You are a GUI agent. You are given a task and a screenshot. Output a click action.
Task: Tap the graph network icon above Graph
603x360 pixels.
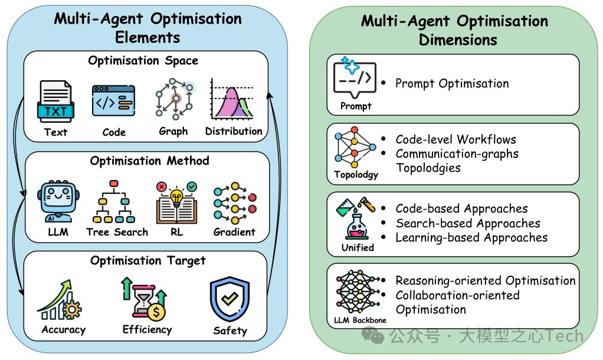174,100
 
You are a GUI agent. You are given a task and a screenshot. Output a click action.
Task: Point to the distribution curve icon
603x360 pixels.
233,101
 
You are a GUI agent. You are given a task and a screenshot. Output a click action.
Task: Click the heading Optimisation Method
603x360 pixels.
149,161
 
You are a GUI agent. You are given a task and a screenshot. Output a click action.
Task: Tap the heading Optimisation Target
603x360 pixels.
148,260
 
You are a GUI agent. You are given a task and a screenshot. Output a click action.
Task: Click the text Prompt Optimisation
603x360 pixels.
452,83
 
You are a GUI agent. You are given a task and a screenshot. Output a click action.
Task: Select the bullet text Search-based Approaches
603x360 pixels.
468,223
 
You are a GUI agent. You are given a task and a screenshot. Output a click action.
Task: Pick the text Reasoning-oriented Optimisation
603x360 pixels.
485,280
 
